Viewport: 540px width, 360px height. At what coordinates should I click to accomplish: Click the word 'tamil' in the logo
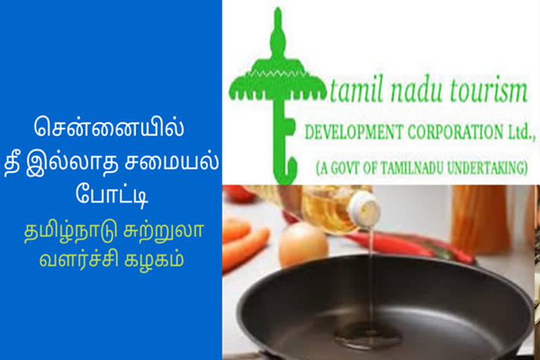(x=356, y=89)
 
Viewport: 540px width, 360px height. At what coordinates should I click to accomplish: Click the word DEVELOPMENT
(x=354, y=132)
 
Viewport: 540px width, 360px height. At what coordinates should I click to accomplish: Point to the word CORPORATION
(x=456, y=131)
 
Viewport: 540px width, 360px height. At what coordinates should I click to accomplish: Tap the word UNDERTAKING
(x=487, y=168)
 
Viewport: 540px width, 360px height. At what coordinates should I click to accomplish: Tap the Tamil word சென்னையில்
(x=109, y=127)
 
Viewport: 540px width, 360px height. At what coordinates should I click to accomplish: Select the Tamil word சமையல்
(x=172, y=161)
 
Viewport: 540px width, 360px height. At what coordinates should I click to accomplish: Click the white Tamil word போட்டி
(x=112, y=195)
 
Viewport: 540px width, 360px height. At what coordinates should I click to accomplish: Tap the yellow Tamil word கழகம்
(x=153, y=259)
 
